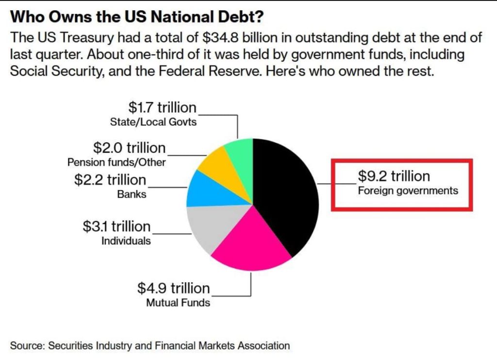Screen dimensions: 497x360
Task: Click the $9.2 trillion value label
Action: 394,176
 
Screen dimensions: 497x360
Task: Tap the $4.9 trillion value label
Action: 173,288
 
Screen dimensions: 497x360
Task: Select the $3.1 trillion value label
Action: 116,226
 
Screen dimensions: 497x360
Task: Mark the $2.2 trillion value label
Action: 110,180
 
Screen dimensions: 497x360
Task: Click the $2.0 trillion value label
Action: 129,148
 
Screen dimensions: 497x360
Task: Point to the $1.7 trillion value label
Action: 162,107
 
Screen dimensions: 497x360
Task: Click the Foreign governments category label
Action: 408,191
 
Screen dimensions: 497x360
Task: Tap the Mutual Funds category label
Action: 178,303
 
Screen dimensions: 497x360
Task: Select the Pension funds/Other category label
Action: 116,162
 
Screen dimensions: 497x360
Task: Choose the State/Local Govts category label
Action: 153,122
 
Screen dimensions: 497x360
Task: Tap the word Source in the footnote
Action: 27,345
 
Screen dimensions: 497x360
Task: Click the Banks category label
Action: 132,194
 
